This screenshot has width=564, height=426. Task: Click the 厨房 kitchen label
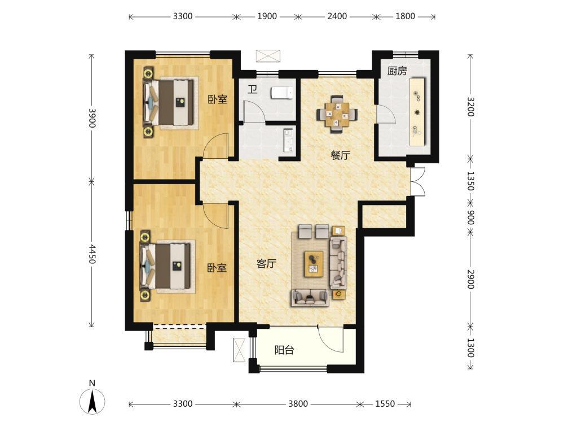[397, 71]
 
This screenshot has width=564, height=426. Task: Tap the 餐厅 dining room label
[340, 155]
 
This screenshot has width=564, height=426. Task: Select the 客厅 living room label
[266, 264]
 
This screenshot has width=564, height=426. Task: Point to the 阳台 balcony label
[284, 350]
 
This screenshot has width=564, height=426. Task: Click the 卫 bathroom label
[253, 89]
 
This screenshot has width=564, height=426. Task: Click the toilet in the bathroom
[283, 93]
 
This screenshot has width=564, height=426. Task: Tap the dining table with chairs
[337, 114]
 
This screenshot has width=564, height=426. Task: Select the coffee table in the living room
[314, 264]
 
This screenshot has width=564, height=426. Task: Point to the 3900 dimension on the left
[92, 118]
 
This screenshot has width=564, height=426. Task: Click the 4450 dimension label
[92, 254]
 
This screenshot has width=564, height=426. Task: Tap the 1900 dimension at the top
[267, 16]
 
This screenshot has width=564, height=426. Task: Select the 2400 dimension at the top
[337, 16]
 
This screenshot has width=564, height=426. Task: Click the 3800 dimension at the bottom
[298, 404]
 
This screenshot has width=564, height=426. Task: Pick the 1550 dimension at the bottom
[385, 404]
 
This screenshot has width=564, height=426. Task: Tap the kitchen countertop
[417, 112]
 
